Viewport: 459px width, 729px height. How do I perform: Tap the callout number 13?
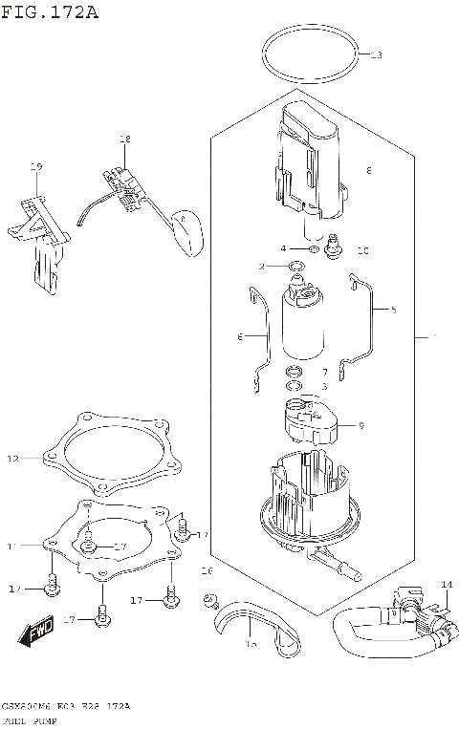click(375, 54)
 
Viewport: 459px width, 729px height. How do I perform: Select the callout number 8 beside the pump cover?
click(368, 171)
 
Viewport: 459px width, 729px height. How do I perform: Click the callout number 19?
click(36, 168)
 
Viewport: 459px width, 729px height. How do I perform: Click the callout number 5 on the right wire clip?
click(393, 310)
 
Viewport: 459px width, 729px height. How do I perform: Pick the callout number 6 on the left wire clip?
click(241, 336)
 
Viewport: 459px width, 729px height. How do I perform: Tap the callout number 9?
click(361, 426)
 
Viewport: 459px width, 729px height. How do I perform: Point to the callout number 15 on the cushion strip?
click(251, 645)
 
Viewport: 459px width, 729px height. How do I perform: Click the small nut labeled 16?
click(207, 599)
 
